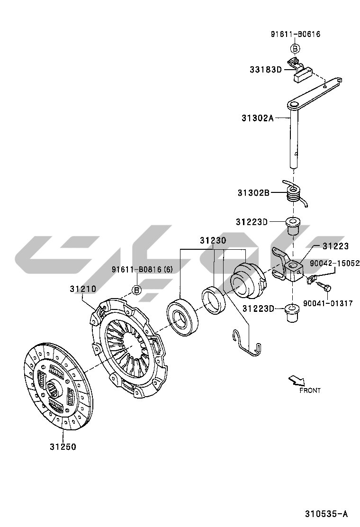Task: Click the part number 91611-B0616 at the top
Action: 295,34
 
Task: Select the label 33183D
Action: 266,70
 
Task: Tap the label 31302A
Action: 258,118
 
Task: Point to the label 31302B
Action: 253,193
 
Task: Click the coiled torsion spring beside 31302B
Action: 295,193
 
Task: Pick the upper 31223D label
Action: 252,222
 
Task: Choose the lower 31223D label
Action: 258,309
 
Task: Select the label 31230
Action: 212,241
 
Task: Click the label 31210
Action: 83,289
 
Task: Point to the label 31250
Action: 63,446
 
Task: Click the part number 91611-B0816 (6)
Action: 142,270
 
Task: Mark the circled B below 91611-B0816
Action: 136,290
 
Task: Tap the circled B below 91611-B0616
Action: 295,48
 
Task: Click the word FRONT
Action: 310,391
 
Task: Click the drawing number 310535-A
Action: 326,514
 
